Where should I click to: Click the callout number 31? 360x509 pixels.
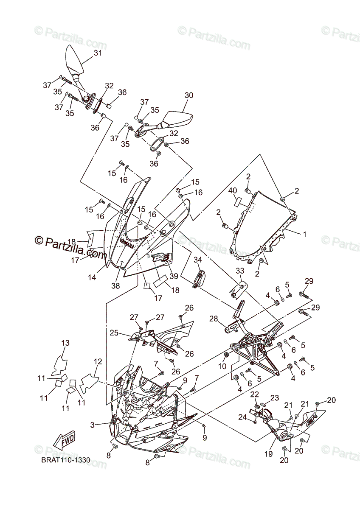[98, 53]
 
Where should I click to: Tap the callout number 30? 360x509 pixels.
[189, 95]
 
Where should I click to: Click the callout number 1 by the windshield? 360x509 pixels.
[304, 234]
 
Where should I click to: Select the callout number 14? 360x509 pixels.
[92, 277]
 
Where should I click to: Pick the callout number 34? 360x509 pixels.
[198, 260]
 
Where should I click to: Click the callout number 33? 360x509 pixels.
[240, 270]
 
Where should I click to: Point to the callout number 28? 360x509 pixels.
[213, 319]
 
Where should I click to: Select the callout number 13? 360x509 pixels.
[65, 343]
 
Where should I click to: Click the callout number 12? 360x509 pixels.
[98, 362]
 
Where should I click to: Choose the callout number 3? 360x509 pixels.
[93, 424]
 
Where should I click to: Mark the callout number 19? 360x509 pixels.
[268, 454]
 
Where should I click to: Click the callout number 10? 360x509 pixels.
[222, 366]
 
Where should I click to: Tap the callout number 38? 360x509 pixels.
[116, 286]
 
